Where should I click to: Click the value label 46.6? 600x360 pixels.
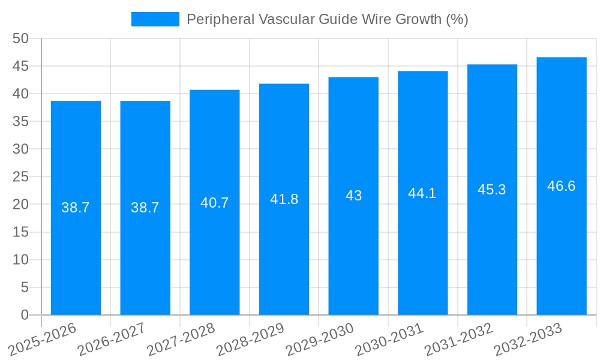tap(561, 186)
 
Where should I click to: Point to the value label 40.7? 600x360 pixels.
tap(214, 203)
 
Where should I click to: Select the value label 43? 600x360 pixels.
tap(353, 196)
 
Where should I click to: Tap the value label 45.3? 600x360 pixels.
tap(491, 190)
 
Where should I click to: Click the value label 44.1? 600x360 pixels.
tap(422, 193)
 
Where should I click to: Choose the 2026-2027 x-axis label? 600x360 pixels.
tap(112, 340)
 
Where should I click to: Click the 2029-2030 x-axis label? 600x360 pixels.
tap(320, 340)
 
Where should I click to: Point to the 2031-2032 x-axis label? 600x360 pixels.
tap(458, 340)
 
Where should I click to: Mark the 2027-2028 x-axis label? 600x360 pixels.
tap(181, 340)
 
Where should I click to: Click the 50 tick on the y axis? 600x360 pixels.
tap(20, 39)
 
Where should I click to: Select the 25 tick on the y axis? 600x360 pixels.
tap(20, 177)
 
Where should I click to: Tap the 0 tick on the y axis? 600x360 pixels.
tap(25, 315)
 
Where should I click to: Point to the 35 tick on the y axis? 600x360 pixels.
tap(20, 122)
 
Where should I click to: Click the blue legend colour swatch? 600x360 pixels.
tap(155, 19)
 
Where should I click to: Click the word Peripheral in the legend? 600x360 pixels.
tap(220, 19)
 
